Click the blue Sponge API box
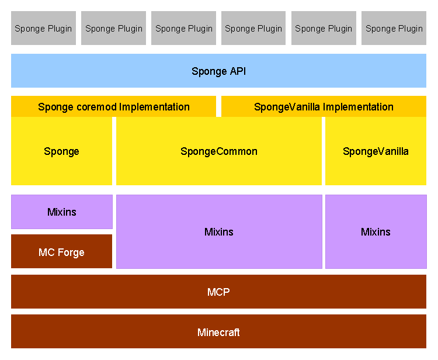coord(219,71)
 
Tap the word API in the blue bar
coord(238,71)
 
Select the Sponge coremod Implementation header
coord(113,106)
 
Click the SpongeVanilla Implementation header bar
coord(324,106)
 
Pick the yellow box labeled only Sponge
coord(61,151)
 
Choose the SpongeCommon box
coord(219,151)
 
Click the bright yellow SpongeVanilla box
coord(376,151)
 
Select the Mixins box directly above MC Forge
coord(62,212)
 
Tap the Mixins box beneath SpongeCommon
coord(219,231)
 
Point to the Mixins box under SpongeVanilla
coord(376,231)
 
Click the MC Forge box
coord(61,251)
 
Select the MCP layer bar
coord(219,292)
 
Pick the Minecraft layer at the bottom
coord(219,331)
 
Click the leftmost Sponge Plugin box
coord(43,28)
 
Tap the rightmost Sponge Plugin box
coord(394,28)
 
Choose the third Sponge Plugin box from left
coord(183,28)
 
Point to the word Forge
coord(71,252)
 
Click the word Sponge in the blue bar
coord(209,72)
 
